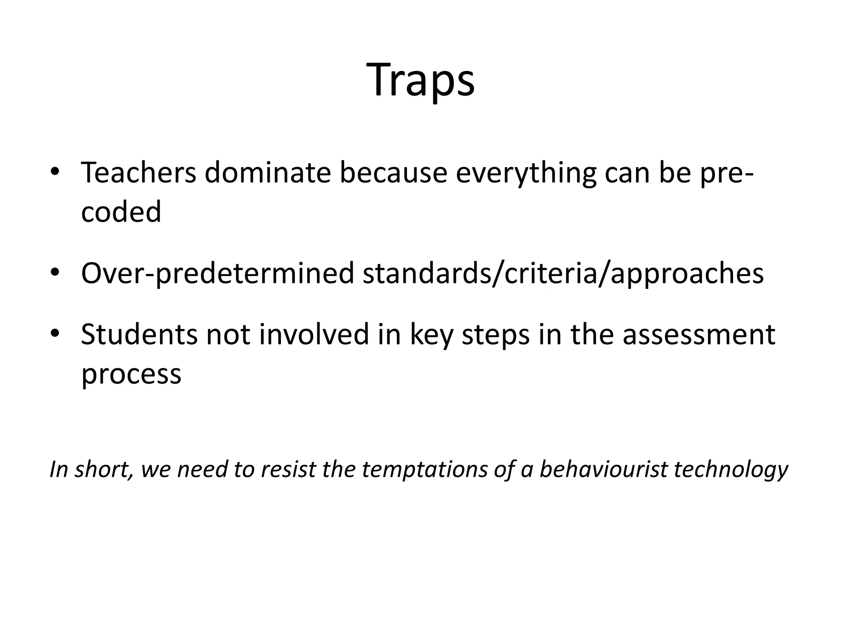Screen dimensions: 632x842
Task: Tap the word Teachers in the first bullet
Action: point(139,173)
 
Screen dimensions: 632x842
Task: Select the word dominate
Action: point(268,173)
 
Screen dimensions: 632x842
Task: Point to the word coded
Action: point(121,212)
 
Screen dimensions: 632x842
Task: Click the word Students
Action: point(139,334)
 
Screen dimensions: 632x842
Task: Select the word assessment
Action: point(699,334)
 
